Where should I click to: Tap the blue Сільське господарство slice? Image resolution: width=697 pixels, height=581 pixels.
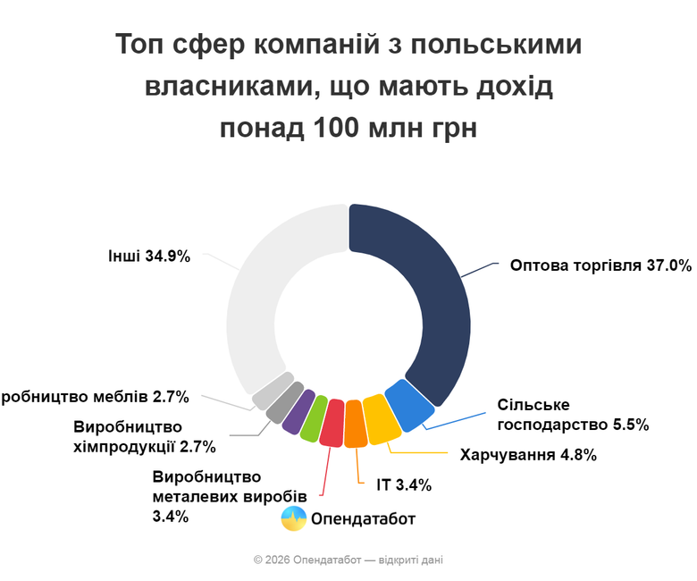[x=407, y=405]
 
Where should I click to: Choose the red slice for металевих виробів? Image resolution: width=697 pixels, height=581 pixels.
[x=332, y=423]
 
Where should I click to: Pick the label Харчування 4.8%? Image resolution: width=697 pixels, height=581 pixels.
[x=528, y=454]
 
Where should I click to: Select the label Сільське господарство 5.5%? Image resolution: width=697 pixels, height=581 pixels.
[x=572, y=415]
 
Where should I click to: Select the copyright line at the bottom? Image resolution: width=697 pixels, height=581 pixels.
[x=348, y=560]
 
